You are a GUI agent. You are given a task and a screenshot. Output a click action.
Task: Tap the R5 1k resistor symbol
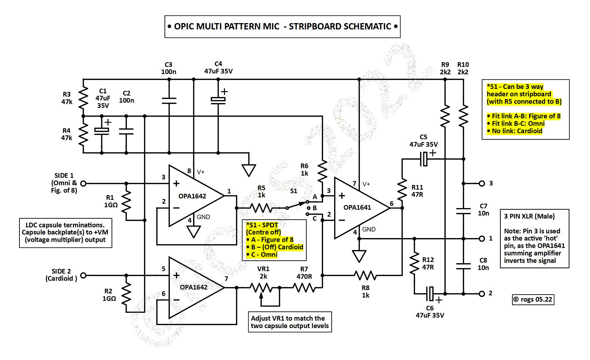(x=261, y=208)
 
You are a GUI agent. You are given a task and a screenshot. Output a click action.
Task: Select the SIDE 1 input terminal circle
(x=83, y=183)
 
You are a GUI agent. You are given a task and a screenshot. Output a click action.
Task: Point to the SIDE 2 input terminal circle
(x=83, y=275)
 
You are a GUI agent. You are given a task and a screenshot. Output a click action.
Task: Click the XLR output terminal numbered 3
(x=482, y=184)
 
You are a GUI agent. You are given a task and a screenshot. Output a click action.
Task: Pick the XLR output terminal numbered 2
(x=482, y=294)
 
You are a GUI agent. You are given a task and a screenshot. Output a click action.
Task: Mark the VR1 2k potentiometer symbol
(x=261, y=288)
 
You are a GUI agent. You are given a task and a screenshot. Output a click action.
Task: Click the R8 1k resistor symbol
(x=365, y=275)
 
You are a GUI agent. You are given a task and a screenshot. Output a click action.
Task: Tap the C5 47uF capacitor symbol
(x=424, y=159)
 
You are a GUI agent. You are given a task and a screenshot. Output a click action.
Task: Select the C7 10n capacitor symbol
(x=464, y=211)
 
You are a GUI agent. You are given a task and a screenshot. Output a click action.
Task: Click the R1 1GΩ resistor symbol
(x=126, y=202)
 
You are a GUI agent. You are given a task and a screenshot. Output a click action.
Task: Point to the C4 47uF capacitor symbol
(x=218, y=100)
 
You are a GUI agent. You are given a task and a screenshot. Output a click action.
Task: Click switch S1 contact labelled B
(x=309, y=208)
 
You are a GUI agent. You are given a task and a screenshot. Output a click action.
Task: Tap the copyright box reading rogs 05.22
(x=533, y=299)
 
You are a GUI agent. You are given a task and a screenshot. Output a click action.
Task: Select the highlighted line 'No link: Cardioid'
(x=517, y=131)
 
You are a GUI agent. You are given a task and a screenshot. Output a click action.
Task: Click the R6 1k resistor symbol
(x=322, y=171)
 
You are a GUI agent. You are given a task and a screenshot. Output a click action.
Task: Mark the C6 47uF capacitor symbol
(x=430, y=294)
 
